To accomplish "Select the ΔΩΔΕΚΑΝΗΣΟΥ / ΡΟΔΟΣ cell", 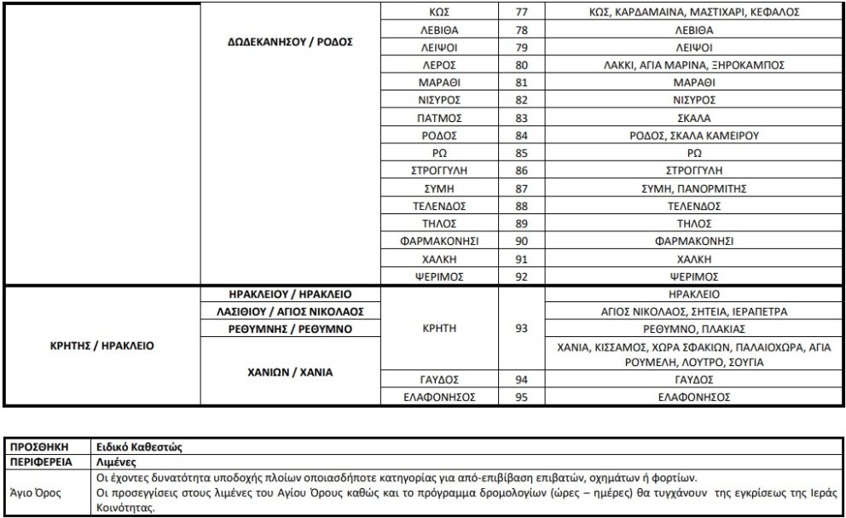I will [291, 41].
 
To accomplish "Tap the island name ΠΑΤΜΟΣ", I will [440, 119].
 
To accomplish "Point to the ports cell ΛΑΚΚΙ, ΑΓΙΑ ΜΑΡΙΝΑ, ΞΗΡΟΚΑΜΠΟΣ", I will [692, 66].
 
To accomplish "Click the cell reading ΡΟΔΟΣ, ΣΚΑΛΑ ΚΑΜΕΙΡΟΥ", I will [692, 136].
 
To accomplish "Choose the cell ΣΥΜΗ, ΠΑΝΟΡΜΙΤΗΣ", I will [692, 189].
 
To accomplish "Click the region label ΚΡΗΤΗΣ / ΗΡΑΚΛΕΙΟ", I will [102, 346].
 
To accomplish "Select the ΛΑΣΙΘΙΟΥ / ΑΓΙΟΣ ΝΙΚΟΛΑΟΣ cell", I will [291, 311].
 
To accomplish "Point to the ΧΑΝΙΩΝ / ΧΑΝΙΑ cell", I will [291, 372].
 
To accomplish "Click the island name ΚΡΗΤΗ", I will [440, 329].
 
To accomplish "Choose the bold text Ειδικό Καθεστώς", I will [138, 446].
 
